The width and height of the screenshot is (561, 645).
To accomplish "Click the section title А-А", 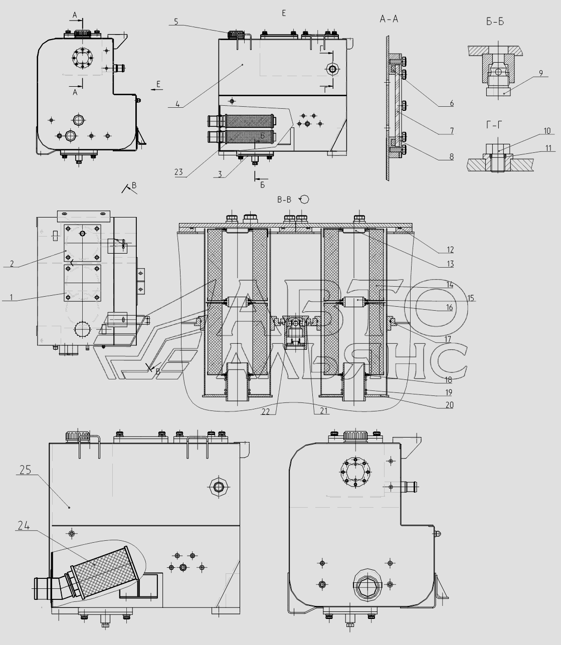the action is coord(389,19).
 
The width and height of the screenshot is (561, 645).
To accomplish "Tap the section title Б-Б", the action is coord(495,22).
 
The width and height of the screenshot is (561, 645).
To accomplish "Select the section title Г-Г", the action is coord(494,125).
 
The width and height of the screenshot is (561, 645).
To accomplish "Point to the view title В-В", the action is coord(284,199).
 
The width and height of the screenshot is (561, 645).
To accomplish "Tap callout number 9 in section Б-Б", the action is coord(541,73).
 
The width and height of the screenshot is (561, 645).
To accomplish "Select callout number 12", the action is coord(450,250).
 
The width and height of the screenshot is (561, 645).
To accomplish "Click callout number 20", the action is coord(449,405).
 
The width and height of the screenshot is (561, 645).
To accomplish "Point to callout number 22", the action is coord(266,412).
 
